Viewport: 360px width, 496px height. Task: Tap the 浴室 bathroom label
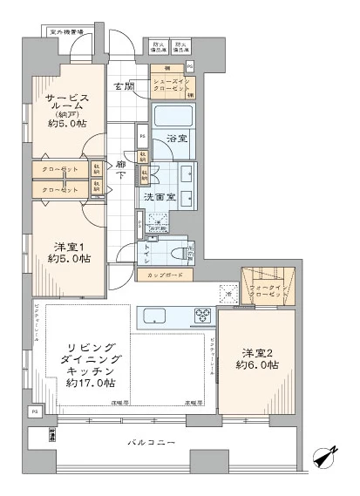point(178,138)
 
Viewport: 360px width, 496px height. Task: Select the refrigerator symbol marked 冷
point(227,296)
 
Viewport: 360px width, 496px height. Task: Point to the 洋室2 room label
point(258,359)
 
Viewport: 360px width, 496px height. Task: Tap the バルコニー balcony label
point(157,444)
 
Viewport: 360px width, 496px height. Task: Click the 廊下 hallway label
point(122,169)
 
